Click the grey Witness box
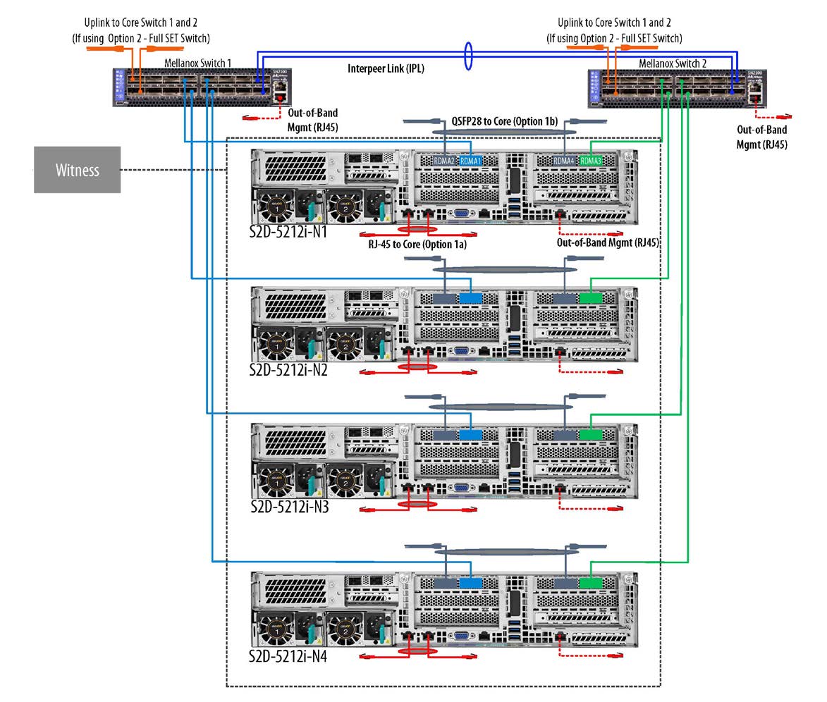pos(78,170)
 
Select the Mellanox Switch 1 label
pos(197,63)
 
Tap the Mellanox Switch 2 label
pos(672,63)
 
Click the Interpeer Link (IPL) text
pos(386,69)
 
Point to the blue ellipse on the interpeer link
pos(469,57)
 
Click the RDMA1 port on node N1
pos(470,161)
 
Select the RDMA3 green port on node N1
pos(590,161)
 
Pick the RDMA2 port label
pos(446,161)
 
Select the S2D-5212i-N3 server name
pos(288,506)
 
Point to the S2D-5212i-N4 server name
pos(288,656)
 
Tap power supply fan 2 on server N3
pos(345,483)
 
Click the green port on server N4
pos(590,584)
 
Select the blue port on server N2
pos(470,299)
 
